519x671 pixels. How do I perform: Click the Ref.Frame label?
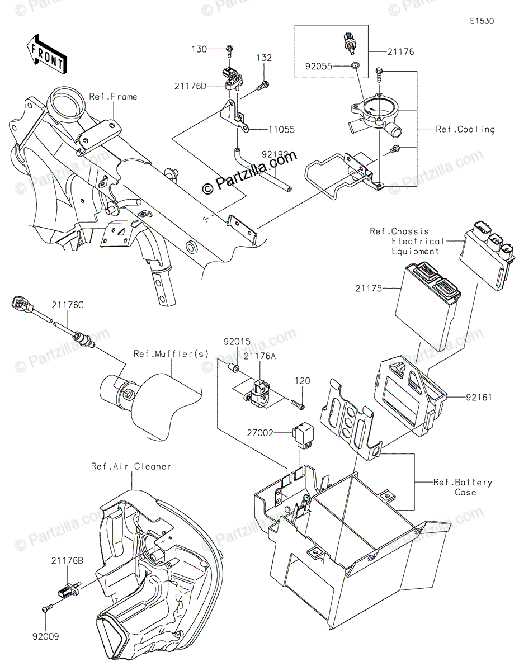(x=113, y=97)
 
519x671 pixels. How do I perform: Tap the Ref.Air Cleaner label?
(x=131, y=466)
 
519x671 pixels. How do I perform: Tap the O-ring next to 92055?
(x=355, y=67)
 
